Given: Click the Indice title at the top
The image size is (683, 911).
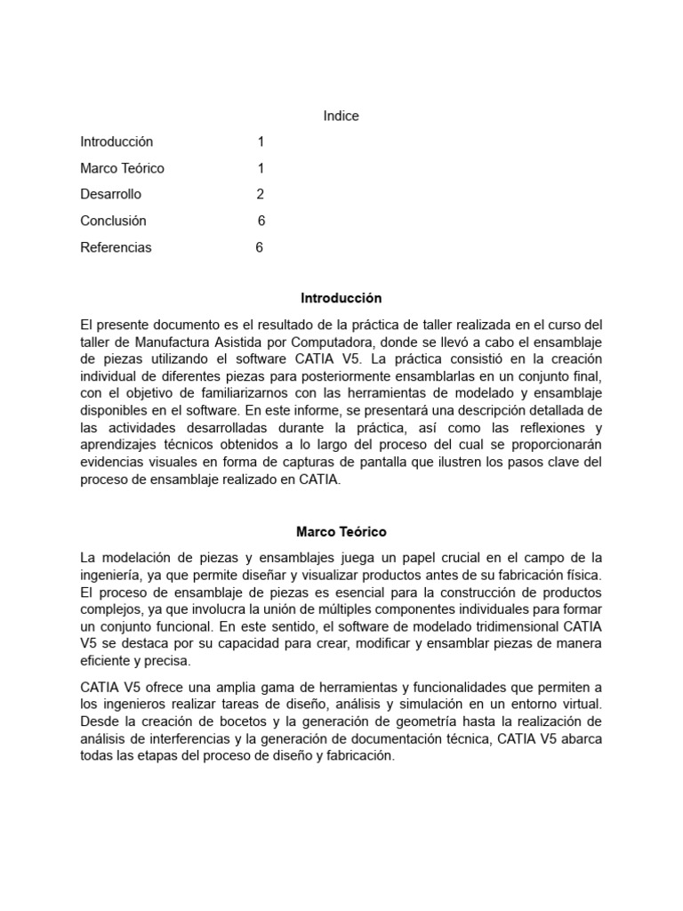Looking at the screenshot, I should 341,116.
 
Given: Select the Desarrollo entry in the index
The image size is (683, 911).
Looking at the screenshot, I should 110,195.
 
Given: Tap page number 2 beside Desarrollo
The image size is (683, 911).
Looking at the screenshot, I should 261,195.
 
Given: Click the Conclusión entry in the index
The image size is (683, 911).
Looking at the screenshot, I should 113,221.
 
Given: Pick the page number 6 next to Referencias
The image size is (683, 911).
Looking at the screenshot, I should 260,247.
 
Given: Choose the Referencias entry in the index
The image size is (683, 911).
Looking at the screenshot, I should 116,247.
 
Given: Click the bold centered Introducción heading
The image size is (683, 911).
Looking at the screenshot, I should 341,298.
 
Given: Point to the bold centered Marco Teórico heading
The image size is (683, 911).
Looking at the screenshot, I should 341,532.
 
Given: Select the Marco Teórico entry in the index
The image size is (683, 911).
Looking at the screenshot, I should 122,168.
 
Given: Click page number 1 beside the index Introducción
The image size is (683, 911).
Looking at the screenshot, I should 261,141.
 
